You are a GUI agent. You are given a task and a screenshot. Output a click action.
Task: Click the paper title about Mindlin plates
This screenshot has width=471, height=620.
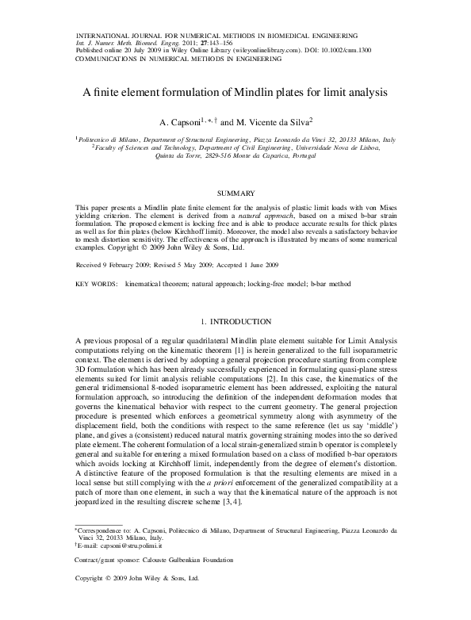click(x=235, y=92)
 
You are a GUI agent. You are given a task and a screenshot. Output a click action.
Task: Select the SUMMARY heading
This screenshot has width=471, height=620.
click(x=235, y=193)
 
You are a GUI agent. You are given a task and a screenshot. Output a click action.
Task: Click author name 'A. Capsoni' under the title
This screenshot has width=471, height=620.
click(x=178, y=124)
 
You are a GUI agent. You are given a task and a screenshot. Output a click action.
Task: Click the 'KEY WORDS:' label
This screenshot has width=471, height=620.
click(x=94, y=283)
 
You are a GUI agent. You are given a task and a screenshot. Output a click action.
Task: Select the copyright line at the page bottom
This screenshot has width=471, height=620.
click(x=136, y=579)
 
